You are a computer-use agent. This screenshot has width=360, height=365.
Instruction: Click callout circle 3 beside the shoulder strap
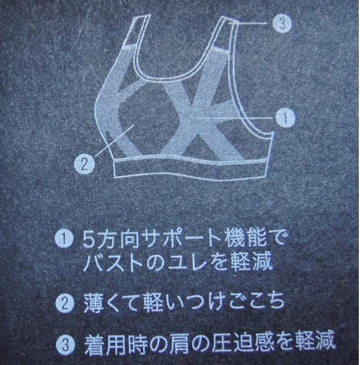282,23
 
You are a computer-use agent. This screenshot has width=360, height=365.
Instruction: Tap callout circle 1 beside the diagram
285,118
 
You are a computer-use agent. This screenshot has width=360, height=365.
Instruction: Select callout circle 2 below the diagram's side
84,164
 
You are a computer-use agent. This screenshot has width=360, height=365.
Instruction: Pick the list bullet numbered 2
65,303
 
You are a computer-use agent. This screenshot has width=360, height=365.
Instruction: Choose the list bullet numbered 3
65,345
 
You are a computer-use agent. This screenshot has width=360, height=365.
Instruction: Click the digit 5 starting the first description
89,240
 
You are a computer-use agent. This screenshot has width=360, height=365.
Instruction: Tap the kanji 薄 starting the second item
93,303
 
